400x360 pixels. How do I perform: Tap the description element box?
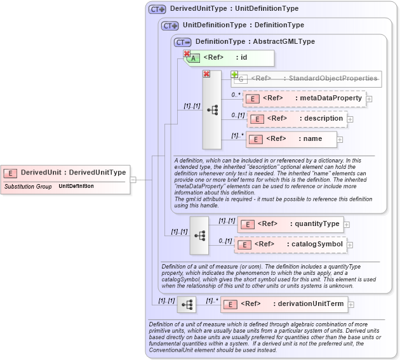pyautogui.click(x=297, y=119)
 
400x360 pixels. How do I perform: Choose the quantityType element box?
pyautogui.click(x=290, y=224)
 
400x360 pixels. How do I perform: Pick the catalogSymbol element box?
pyautogui.click(x=290, y=244)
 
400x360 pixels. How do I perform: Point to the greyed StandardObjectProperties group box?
pyautogui.click(x=307, y=79)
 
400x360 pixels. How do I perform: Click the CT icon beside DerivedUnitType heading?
pyautogui.click(x=157, y=10)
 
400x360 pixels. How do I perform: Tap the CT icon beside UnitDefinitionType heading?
pyautogui.click(x=170, y=25)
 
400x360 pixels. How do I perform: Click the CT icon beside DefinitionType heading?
pyautogui.click(x=182, y=42)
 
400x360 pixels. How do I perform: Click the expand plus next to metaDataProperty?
pyautogui.click(x=370, y=99)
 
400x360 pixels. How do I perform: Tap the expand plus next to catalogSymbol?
pyautogui.click(x=351, y=245)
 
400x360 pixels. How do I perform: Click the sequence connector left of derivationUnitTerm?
pyautogui.click(x=187, y=305)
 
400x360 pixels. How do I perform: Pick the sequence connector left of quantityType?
pyautogui.click(x=199, y=235)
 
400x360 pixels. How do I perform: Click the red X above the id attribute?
pyautogui.click(x=187, y=54)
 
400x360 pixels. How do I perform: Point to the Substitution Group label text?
pyautogui.click(x=28, y=187)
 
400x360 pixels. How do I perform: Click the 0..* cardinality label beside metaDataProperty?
pyautogui.click(x=236, y=94)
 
